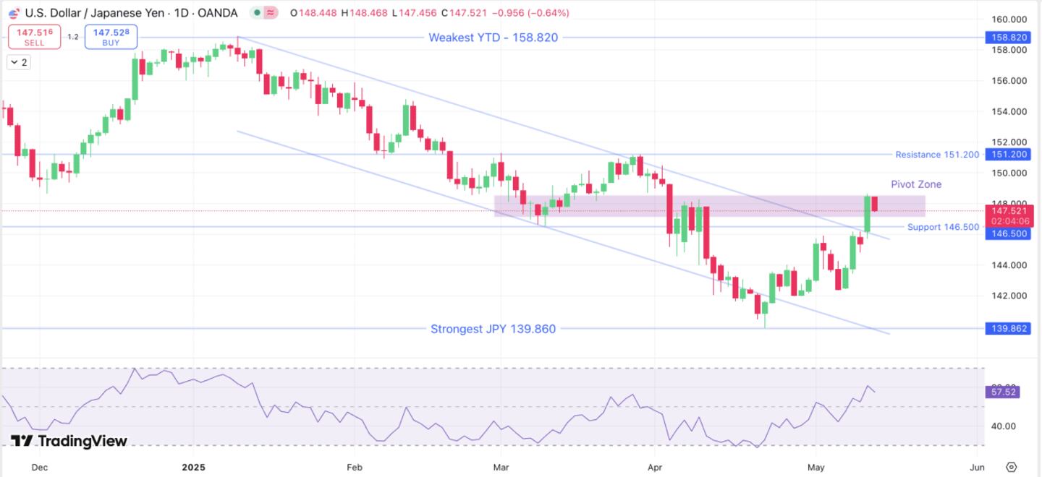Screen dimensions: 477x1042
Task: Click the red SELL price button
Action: (x=34, y=37)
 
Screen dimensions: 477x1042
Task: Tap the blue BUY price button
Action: (x=111, y=37)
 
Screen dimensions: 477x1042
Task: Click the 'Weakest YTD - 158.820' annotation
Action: (x=493, y=38)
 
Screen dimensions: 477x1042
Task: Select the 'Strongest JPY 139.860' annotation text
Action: (x=493, y=329)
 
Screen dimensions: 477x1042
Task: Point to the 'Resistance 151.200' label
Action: (x=936, y=155)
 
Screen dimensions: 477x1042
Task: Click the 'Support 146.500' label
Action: (x=943, y=227)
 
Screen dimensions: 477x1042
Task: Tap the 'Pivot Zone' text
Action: (x=916, y=184)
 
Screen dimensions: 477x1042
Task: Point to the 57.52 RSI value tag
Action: (x=1001, y=392)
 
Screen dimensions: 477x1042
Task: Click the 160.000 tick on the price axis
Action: (x=1009, y=20)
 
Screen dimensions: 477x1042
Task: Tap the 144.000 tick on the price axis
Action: (x=1009, y=265)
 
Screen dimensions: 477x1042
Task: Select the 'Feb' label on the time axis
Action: (x=354, y=467)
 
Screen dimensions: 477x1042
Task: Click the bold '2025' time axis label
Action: (x=193, y=467)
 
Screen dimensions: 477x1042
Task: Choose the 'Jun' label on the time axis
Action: (x=977, y=467)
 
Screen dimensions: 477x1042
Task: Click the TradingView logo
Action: (x=69, y=441)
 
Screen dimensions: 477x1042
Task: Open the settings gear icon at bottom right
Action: (x=1012, y=467)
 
